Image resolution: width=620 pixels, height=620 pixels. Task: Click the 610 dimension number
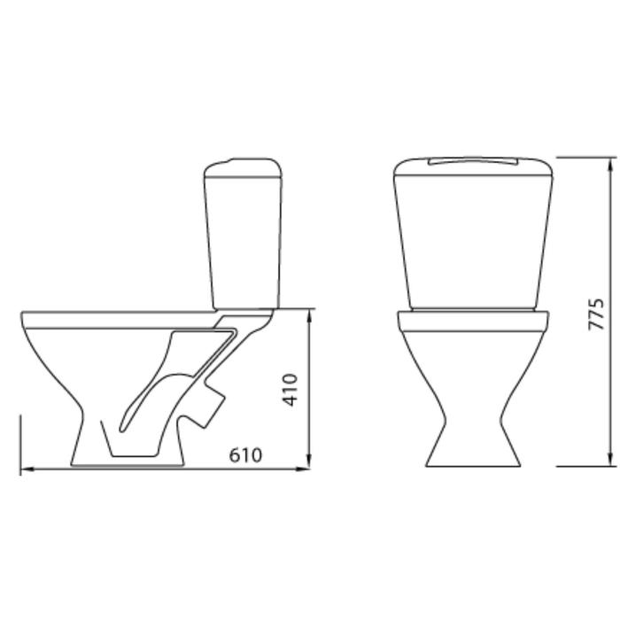tap(245, 455)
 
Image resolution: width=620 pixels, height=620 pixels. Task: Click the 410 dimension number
tap(290, 390)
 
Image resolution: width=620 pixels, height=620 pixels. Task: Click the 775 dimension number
tap(596, 314)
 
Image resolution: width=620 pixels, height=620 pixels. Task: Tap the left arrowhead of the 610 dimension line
tap(27, 469)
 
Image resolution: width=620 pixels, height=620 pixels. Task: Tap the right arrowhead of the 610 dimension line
tap(303, 469)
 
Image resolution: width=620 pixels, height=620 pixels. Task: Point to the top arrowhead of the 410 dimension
tap(310, 316)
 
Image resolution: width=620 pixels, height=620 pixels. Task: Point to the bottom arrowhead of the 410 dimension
tap(310, 461)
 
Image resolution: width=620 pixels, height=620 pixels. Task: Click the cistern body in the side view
tap(244, 243)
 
